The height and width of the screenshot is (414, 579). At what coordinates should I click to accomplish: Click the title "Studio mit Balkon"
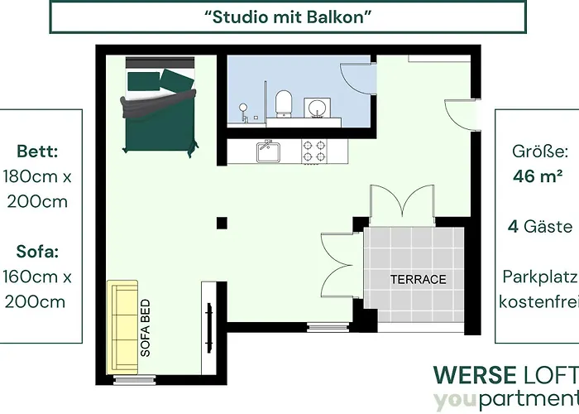click(x=289, y=16)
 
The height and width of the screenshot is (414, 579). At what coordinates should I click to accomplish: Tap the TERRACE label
click(x=418, y=280)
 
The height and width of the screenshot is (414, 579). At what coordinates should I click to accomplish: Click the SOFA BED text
click(x=146, y=328)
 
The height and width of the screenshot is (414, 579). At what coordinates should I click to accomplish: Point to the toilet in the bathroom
click(x=284, y=103)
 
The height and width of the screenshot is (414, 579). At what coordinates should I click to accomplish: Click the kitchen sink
click(x=269, y=152)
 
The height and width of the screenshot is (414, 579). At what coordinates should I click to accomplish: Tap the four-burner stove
click(x=313, y=150)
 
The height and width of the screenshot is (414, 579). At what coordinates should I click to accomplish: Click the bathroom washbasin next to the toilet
click(x=315, y=107)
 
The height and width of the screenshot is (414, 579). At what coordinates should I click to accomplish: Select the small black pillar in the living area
click(x=222, y=221)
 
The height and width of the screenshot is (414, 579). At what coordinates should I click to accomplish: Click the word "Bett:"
click(x=37, y=152)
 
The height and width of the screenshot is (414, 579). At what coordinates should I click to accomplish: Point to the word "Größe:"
click(x=540, y=152)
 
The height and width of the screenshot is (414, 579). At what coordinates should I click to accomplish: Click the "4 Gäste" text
click(x=540, y=226)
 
